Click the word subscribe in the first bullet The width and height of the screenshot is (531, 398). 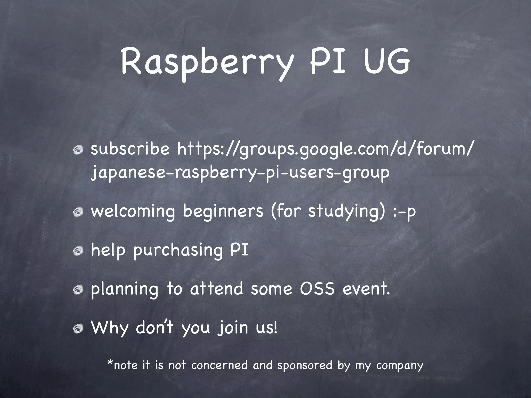click(x=130, y=150)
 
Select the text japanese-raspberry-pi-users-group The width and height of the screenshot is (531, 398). click(x=240, y=172)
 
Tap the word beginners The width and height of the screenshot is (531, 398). click(x=223, y=211)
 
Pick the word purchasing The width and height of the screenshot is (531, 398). click(x=178, y=251)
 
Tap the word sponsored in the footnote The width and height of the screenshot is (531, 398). click(x=305, y=366)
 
